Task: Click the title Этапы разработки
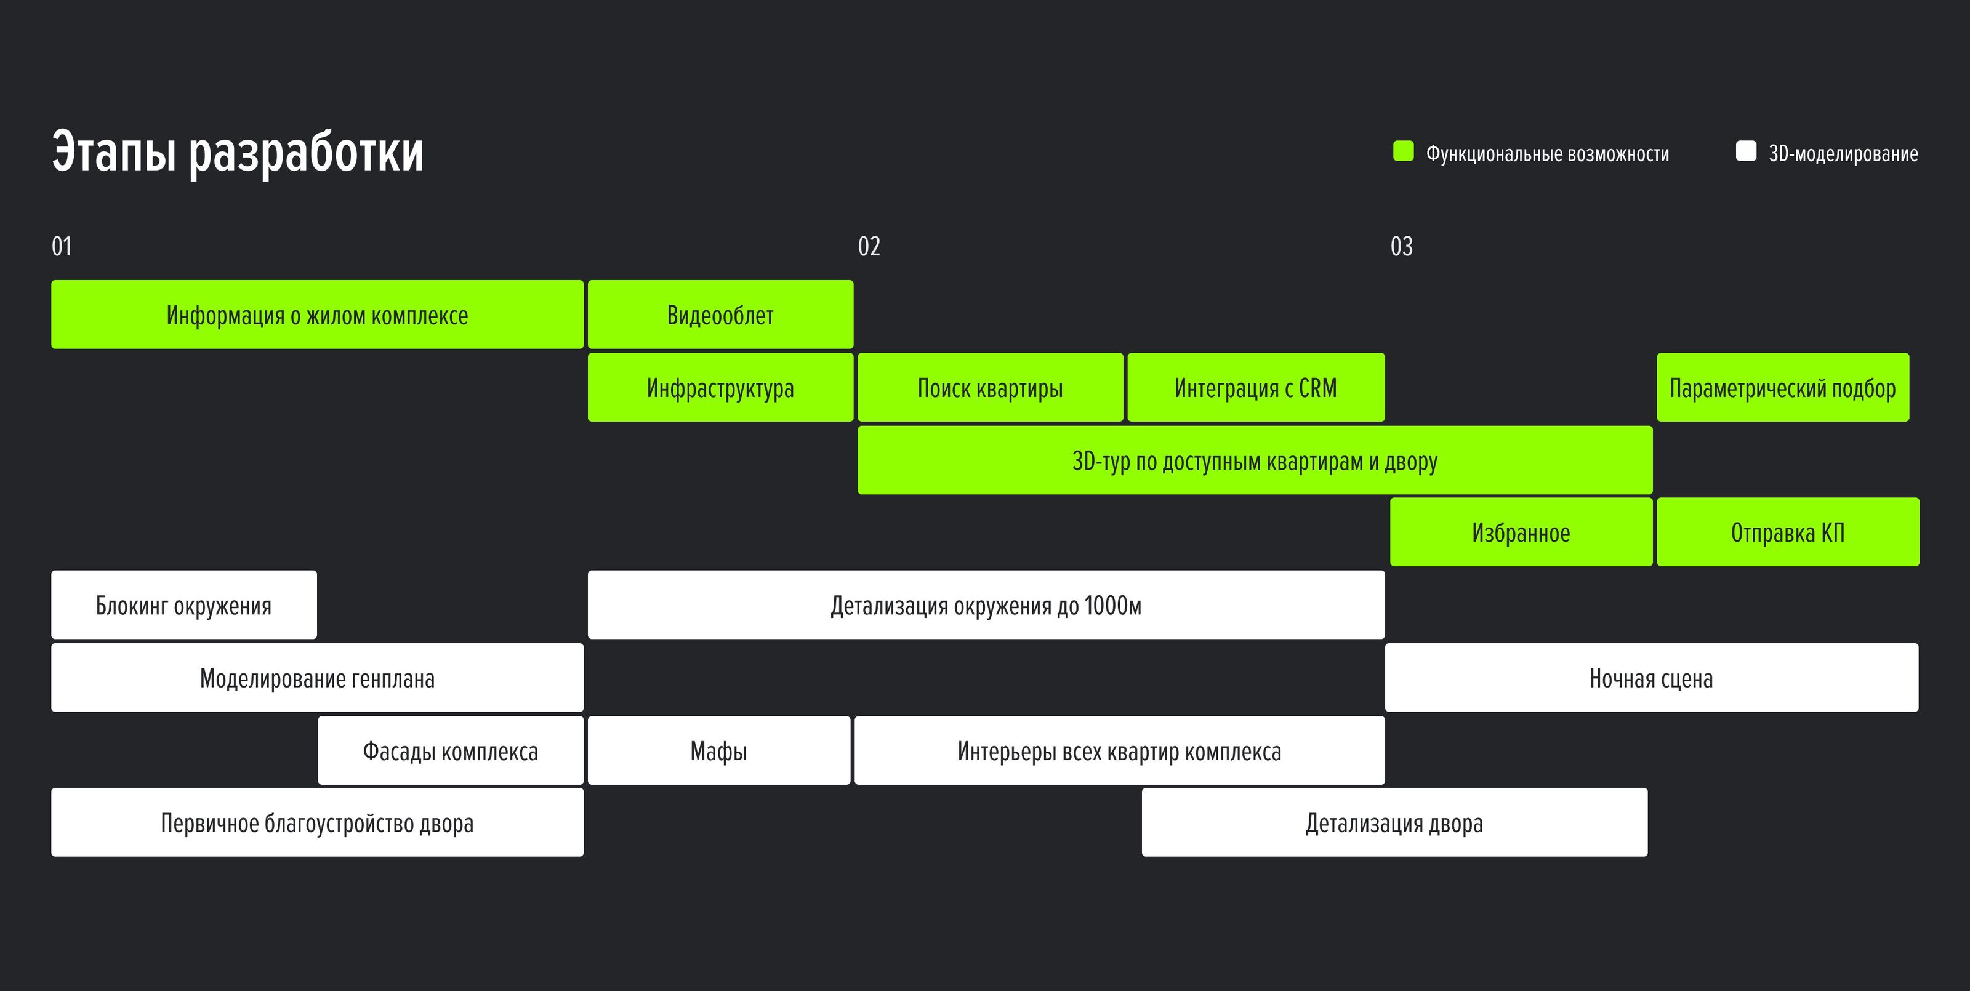tap(237, 153)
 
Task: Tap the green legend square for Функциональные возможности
tap(1404, 151)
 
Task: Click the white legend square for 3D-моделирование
tap(1746, 151)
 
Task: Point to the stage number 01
tap(61, 246)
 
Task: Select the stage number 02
tap(869, 246)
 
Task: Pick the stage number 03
tap(1401, 246)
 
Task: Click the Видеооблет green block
tap(720, 315)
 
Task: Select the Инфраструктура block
tap(720, 387)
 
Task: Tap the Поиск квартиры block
tap(991, 387)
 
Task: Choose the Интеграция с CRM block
tap(1256, 387)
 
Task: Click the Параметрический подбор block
tap(1783, 387)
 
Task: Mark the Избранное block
tap(1521, 532)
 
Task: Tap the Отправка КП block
tap(1788, 532)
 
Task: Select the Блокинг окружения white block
tap(183, 605)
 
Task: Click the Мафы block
tap(719, 750)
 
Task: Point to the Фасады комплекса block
tap(451, 750)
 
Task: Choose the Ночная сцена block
tap(1651, 678)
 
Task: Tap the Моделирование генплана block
tap(316, 678)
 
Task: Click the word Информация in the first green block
tap(225, 315)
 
